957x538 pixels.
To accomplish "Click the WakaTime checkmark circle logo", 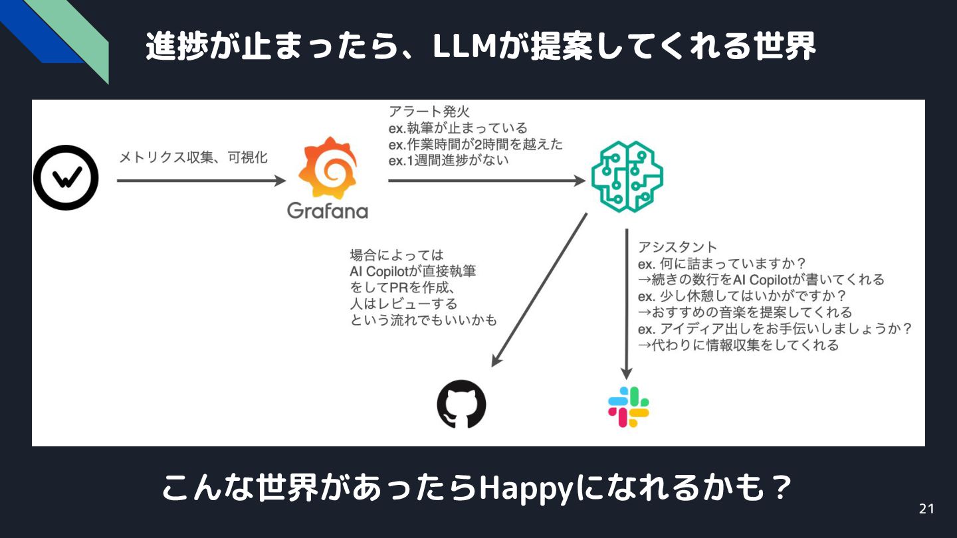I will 66,177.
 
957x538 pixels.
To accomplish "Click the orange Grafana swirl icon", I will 327,168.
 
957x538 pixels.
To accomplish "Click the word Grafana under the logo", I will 327,211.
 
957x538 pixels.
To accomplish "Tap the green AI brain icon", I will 627,177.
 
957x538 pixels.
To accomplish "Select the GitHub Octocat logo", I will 461,404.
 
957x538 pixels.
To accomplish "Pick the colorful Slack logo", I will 628,406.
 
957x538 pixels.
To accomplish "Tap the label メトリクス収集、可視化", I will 193,157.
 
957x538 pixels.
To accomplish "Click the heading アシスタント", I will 677,247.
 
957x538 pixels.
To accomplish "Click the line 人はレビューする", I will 403,304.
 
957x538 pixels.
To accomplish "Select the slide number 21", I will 926,509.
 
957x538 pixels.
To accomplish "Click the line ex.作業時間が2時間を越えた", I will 475,144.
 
